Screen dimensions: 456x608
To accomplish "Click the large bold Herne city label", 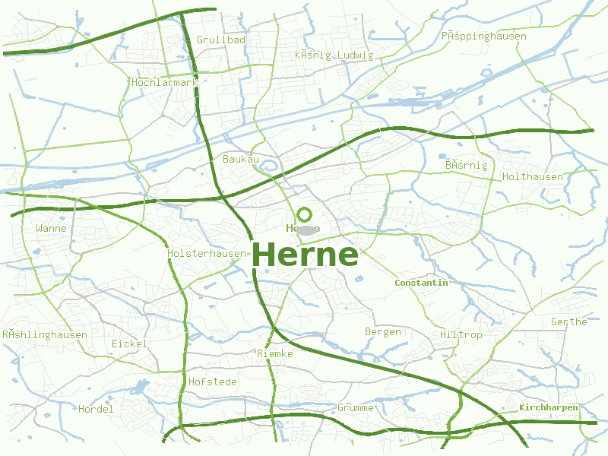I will pos(304,255).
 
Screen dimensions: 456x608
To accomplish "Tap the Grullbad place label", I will pos(221,40).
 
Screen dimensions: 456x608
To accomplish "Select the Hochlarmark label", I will pos(164,82).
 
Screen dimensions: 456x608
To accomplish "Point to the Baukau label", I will pos(241,159).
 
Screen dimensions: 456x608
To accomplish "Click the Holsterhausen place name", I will pos(207,254).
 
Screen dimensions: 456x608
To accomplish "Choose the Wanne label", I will pos(51,228).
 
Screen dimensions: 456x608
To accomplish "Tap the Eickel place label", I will pos(129,344).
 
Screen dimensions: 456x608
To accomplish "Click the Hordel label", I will pos(96,409).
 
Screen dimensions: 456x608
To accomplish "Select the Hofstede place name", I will pos(213,382).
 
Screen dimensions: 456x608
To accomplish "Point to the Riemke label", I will pos(275,354).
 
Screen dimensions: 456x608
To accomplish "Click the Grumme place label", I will pos(356,408).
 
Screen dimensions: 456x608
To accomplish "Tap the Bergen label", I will pos(383,332).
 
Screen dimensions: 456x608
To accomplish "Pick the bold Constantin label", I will pos(421,283).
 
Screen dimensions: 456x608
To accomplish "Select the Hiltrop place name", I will pos(461,335).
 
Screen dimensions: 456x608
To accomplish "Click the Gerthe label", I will pos(569,321).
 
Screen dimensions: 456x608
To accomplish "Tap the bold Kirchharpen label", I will pos(549,408).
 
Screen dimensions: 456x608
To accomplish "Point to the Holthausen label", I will pos(533,177).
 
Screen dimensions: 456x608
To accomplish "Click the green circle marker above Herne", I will pos(305,214).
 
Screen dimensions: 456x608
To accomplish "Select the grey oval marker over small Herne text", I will pos(306,230).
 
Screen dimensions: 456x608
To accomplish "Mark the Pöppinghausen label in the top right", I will pos(483,36).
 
